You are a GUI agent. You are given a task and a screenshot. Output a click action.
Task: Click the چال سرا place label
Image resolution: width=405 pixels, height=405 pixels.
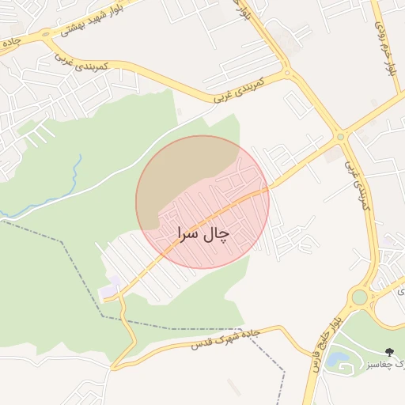[x=202, y=234]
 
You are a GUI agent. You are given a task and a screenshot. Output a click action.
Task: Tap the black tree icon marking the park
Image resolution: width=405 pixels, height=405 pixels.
[x=388, y=351]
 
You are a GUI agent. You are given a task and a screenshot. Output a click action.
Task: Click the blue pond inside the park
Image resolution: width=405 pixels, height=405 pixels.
[x=339, y=359]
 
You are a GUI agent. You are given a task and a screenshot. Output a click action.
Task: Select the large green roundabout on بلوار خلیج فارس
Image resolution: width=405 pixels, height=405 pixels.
[x=360, y=297]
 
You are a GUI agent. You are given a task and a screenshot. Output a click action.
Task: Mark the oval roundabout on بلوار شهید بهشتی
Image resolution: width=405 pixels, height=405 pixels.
[x=45, y=34]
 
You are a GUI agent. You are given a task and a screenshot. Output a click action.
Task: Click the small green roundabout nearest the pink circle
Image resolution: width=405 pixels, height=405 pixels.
[x=341, y=136]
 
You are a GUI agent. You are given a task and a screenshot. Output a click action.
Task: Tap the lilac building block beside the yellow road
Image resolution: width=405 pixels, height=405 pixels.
[x=110, y=289]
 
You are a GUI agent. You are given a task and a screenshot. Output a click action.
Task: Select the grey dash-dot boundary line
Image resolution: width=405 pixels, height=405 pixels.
[x=71, y=261]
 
